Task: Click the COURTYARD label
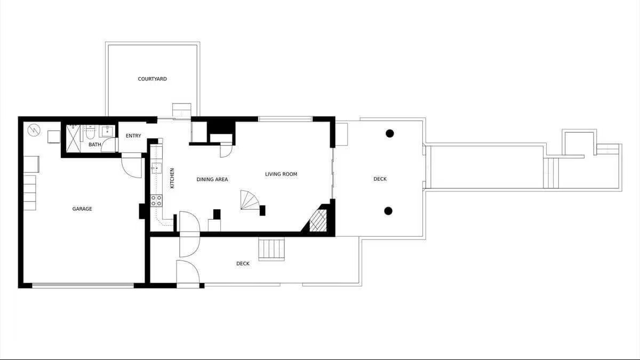[153, 79]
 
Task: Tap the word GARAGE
[82, 209]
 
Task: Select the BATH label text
[94, 145]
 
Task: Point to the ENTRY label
[133, 135]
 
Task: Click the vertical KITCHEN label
[172, 178]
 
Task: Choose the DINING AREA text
[212, 179]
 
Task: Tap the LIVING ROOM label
[281, 174]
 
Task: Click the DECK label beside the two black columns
[380, 179]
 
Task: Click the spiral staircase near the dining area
[250, 200]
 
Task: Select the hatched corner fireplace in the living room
[318, 220]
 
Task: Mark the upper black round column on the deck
[390, 133]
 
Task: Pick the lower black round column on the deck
[388, 211]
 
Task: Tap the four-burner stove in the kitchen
[156, 201]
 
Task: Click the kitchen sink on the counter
[156, 168]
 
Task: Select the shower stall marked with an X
[73, 139]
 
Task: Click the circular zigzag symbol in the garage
[34, 130]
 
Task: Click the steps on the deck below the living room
[271, 249]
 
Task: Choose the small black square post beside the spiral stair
[262, 211]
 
